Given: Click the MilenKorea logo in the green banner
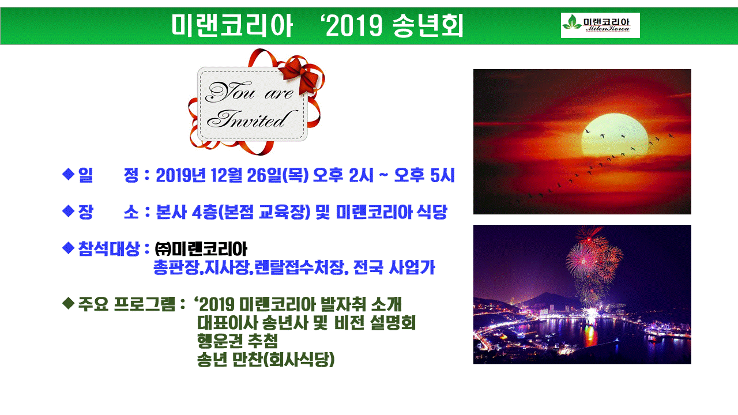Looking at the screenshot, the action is (x=600, y=25).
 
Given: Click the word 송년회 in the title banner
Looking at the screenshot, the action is (x=428, y=25).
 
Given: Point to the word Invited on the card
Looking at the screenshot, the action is (x=251, y=119).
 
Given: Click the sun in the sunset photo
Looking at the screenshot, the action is (x=615, y=135).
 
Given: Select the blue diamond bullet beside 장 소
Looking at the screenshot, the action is (x=68, y=211).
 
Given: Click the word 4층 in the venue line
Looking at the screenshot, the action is (x=204, y=212).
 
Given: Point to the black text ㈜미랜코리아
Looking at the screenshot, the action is (x=201, y=249).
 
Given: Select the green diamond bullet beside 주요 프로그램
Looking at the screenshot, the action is (x=68, y=303).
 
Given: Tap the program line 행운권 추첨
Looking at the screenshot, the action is (x=238, y=341).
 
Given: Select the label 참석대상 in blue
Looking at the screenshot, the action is (x=109, y=248).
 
